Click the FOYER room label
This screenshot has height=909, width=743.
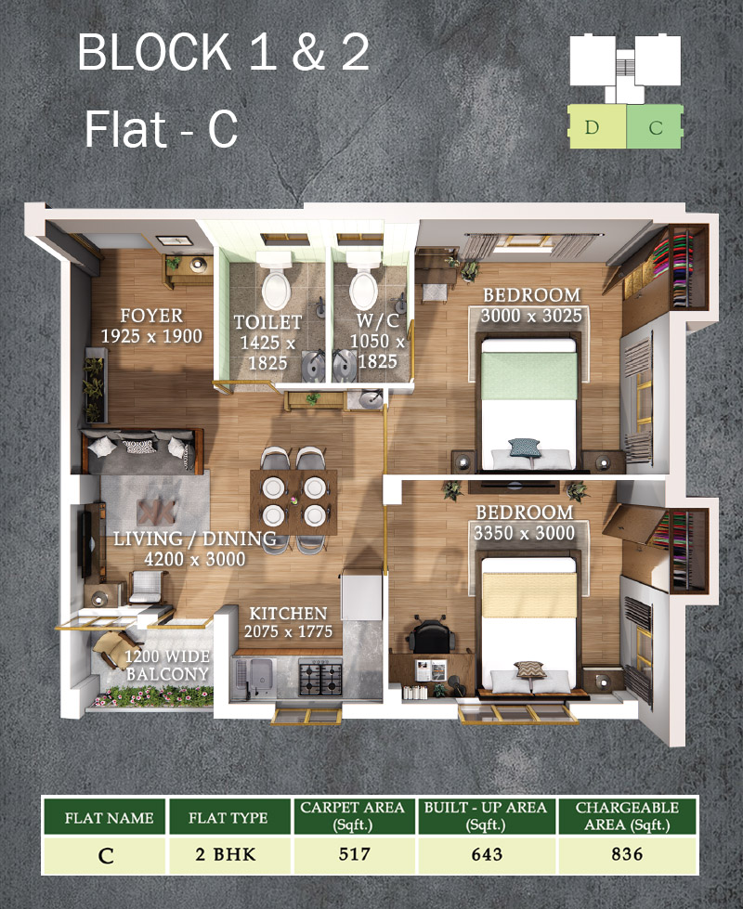(151, 316)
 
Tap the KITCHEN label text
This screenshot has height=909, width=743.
(288, 614)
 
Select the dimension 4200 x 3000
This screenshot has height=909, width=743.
(195, 559)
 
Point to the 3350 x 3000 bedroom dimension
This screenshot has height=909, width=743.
(525, 533)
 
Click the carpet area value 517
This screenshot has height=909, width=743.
(355, 854)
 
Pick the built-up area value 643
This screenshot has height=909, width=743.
(488, 854)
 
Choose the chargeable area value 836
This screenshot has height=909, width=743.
(627, 854)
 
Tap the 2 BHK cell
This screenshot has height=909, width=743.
(226, 854)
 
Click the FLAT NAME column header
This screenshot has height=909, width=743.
(109, 817)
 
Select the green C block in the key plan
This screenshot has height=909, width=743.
(654, 126)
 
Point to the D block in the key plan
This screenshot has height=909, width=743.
(597, 126)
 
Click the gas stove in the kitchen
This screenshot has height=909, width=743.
(319, 677)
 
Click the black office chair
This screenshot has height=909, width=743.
(429, 635)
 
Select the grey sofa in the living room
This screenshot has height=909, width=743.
(143, 451)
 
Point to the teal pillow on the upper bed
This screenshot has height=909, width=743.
(525, 448)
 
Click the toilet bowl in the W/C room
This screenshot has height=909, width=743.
(364, 288)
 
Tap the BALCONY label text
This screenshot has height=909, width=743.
(167, 674)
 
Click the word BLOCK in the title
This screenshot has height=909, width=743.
(155, 52)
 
